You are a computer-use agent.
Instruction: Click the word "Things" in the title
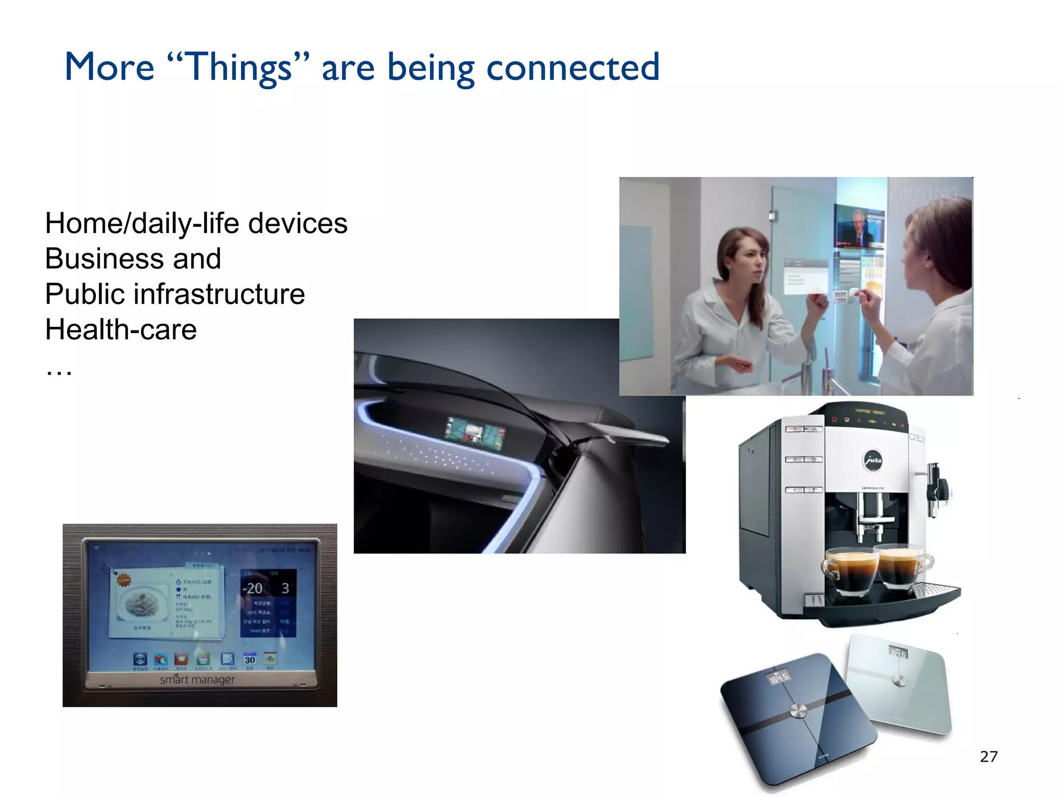click(x=239, y=67)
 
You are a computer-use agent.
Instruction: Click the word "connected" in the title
click(x=573, y=67)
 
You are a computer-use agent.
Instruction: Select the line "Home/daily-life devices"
click(x=196, y=224)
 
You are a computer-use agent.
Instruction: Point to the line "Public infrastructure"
click(x=175, y=294)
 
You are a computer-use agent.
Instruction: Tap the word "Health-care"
click(x=121, y=329)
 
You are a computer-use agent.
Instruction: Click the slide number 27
click(x=988, y=757)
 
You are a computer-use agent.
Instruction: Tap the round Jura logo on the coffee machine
click(x=872, y=460)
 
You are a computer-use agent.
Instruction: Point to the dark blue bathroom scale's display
click(x=779, y=677)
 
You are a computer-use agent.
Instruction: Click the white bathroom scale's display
click(x=898, y=652)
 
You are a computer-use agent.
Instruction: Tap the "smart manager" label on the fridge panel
click(x=197, y=679)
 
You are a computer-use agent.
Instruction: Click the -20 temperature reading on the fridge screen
click(x=253, y=588)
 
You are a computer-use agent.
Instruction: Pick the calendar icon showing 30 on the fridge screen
click(x=249, y=659)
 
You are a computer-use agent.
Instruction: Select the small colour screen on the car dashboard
click(x=474, y=432)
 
